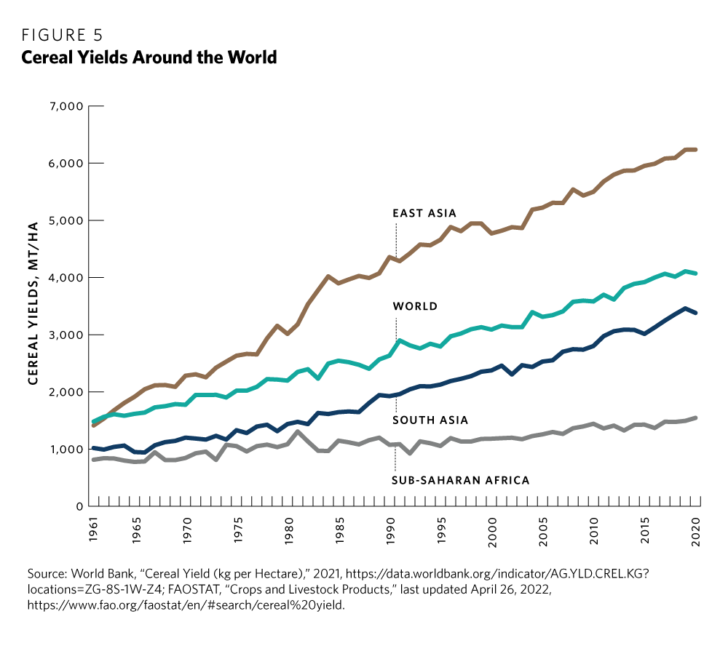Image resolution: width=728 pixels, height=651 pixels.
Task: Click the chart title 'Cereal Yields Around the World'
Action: coord(149,57)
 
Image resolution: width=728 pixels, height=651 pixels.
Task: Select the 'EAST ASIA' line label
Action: coord(424,213)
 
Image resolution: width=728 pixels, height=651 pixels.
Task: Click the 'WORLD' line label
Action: coord(415,306)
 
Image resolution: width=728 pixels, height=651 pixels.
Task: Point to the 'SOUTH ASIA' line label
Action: coord(430,420)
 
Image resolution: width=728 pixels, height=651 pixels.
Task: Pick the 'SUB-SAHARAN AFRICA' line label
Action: coord(460,480)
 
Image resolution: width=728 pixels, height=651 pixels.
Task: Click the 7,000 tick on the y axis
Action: coord(66,106)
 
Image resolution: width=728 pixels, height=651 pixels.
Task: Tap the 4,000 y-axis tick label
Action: coord(66,278)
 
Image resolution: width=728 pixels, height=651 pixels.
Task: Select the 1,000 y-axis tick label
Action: coord(66,450)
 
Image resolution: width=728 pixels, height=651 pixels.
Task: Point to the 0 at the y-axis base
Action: coord(77,507)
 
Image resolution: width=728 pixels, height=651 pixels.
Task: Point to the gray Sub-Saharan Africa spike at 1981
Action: coord(296,432)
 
